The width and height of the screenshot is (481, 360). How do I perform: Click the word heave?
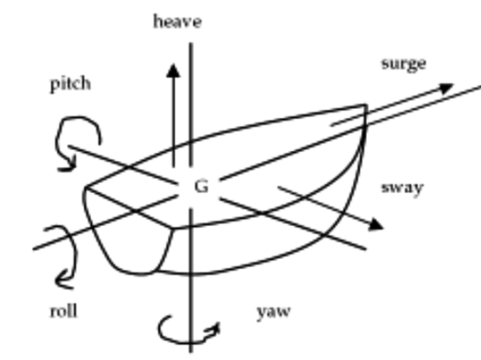178,22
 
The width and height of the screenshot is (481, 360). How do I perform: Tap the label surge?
404,64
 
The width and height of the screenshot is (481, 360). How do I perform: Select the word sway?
402,187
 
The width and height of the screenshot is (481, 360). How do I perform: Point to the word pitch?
70,83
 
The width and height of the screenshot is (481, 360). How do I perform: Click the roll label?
64,311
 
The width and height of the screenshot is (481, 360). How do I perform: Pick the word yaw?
274,311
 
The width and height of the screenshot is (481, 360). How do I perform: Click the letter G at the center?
201,186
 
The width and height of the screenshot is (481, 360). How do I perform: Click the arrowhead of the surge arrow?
445,87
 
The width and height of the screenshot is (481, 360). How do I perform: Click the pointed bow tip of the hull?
364,107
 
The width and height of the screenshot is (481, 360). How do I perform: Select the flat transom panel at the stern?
131,230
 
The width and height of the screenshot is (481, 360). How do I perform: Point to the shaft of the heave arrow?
174,118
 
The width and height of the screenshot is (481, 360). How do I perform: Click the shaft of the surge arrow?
386,107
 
